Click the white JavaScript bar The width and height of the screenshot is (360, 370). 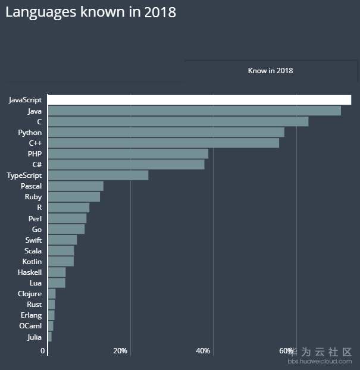(199, 100)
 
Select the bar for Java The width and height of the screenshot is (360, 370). (194, 111)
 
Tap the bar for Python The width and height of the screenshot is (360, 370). (166, 132)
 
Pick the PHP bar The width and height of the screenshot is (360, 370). (128, 154)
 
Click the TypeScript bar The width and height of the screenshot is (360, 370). (98, 175)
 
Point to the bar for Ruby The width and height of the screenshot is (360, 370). (74, 197)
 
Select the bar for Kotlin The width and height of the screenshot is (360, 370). (61, 262)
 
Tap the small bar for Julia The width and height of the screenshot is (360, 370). (49, 337)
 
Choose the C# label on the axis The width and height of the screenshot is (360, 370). (37, 165)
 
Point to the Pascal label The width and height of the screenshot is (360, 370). (31, 186)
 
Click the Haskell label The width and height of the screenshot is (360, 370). (30, 272)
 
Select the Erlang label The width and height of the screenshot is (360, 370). (30, 315)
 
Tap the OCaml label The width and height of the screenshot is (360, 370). (30, 326)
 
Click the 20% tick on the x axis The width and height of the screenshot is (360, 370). (120, 351)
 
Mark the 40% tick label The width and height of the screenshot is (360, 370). (203, 351)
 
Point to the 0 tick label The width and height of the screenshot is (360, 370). (43, 351)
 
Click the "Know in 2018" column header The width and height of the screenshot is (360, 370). (270, 71)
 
